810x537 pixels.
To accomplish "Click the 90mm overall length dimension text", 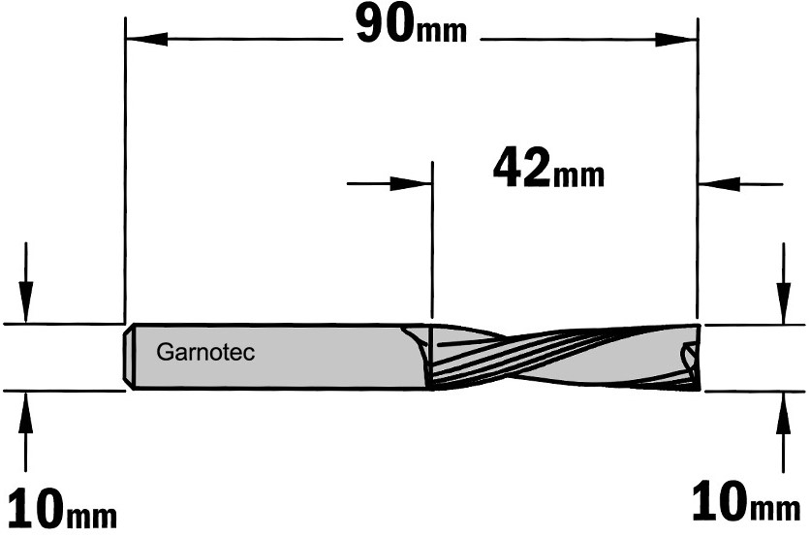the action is (x=412, y=26).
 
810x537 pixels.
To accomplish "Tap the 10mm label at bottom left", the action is (x=63, y=510).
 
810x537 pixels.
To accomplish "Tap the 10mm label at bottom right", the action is (x=746, y=501).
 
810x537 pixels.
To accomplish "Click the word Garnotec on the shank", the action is (x=205, y=353).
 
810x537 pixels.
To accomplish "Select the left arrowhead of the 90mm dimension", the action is (x=146, y=39).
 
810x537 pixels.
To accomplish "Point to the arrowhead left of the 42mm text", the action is (x=411, y=183).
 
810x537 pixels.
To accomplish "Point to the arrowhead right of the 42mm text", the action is (x=720, y=183).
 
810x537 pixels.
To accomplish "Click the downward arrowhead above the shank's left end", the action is (x=26, y=302).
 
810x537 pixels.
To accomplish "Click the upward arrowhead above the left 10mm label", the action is (x=26, y=413).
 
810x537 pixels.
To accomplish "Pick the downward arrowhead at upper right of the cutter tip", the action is (x=784, y=302).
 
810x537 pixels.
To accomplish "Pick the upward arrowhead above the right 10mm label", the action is (x=784, y=413).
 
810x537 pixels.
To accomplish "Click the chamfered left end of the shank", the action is (x=128, y=357).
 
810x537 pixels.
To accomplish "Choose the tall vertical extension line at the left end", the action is (x=125, y=170).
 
